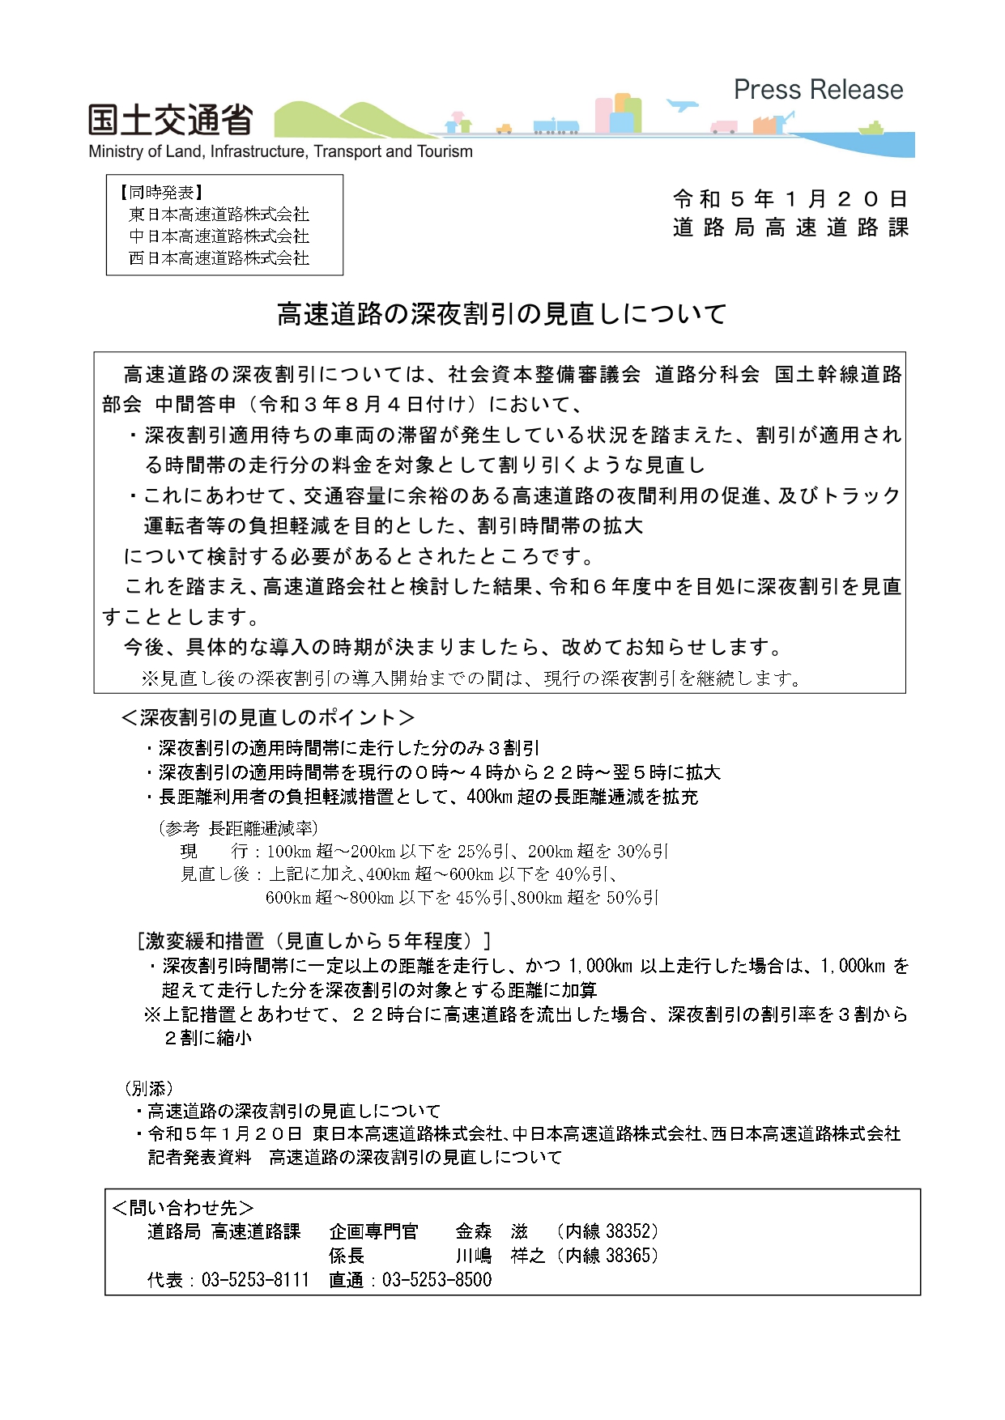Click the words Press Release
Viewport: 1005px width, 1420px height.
click(818, 90)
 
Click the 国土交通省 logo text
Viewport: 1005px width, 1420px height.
click(170, 121)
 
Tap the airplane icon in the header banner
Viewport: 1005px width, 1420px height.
click(682, 105)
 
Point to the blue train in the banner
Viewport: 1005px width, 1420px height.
click(556, 125)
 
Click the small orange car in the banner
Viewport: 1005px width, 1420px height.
click(505, 128)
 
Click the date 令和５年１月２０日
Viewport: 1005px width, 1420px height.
click(790, 199)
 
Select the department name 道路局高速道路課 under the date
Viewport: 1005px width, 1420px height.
click(790, 227)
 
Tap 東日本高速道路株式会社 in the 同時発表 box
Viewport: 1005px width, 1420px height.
click(219, 215)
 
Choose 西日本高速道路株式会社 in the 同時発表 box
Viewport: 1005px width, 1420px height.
click(219, 258)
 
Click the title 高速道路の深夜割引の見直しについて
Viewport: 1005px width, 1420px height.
click(502, 314)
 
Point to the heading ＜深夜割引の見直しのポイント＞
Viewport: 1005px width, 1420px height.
click(268, 717)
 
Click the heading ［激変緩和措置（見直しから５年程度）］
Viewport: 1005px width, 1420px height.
click(314, 941)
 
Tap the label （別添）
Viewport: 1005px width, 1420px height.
click(148, 1088)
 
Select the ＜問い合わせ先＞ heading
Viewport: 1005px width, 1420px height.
click(182, 1208)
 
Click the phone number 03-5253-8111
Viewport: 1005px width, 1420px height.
click(255, 1280)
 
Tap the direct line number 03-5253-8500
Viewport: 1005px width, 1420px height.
click(436, 1280)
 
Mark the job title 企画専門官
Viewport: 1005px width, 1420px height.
click(373, 1231)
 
